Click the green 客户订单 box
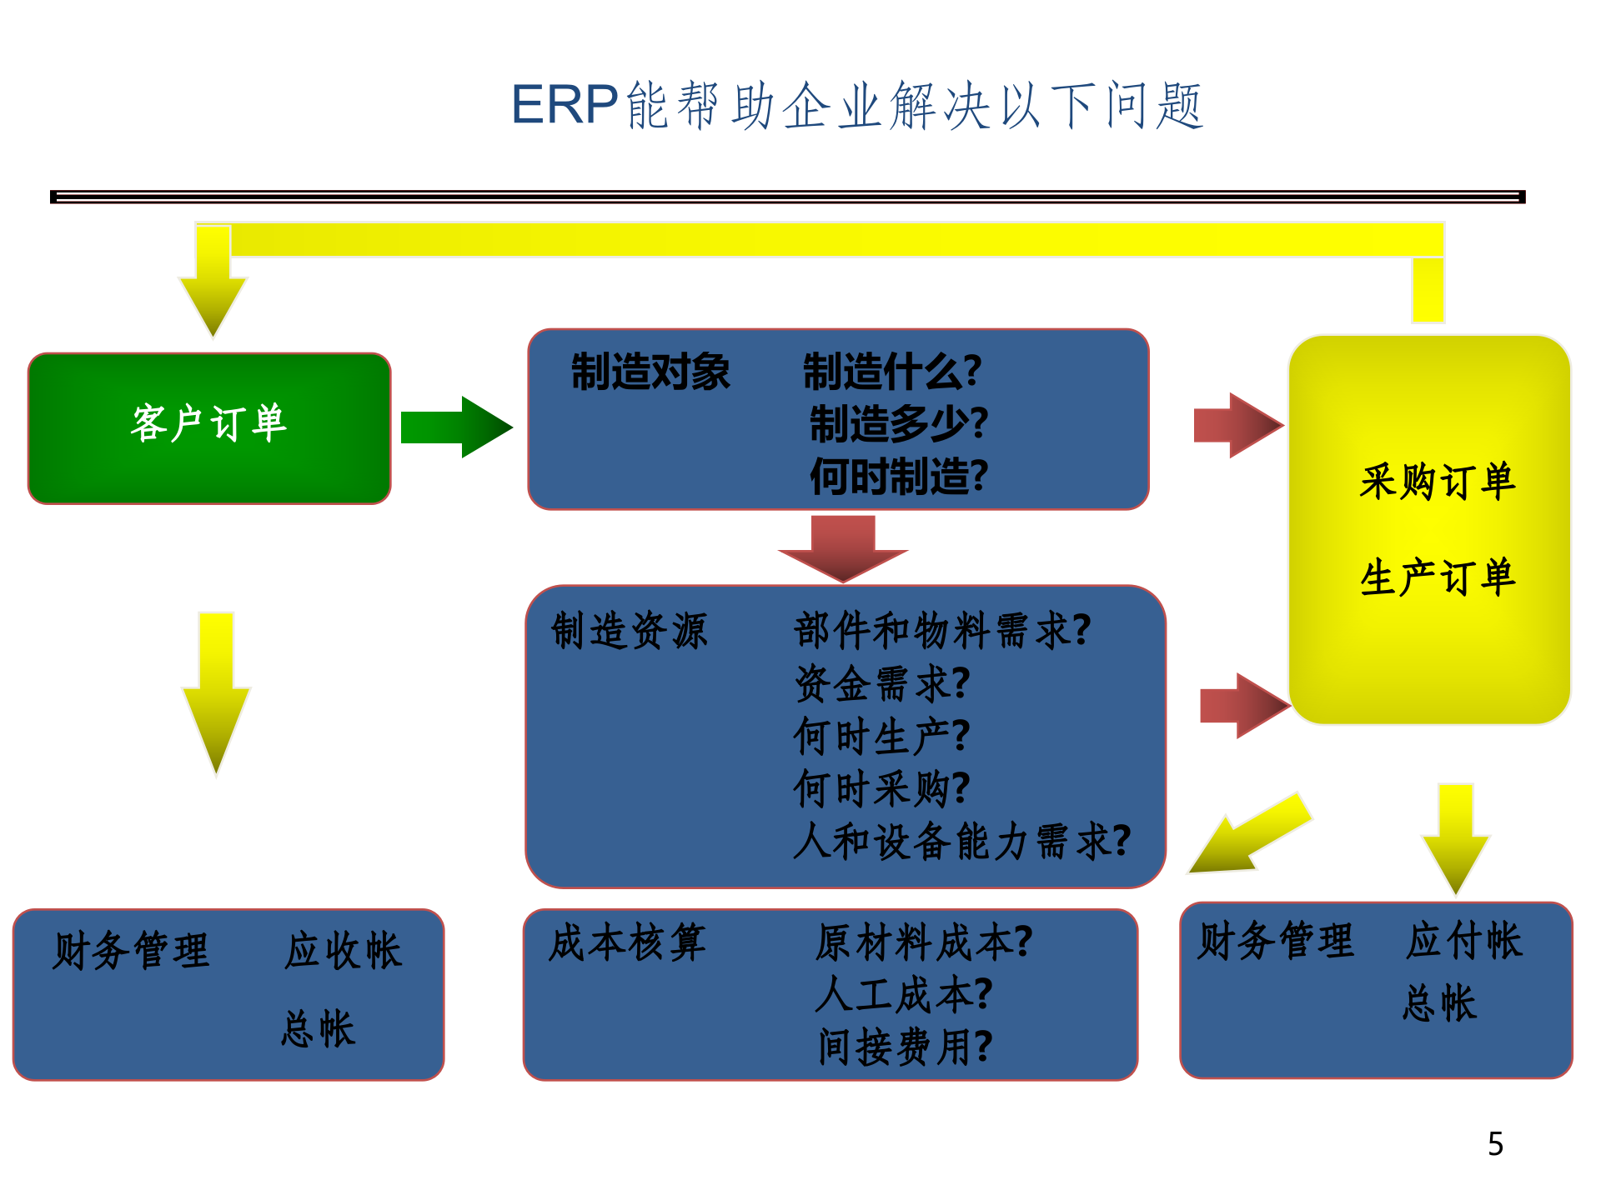tap(209, 428)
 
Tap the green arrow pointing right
tap(454, 427)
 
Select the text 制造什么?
tap(891, 372)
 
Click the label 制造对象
tap(650, 372)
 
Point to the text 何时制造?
tap(898, 477)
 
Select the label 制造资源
tap(629, 630)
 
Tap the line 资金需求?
tap(881, 683)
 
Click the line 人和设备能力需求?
tap(961, 841)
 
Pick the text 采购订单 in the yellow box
tap(1437, 482)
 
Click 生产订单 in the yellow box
tap(1437, 577)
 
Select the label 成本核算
tap(627, 942)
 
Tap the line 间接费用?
tap(905, 1047)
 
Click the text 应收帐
tap(343, 951)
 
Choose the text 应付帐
tap(1463, 941)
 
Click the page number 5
tap(1495, 1144)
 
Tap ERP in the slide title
tap(564, 105)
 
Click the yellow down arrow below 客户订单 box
tap(216, 692)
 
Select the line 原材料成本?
tap(924, 942)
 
